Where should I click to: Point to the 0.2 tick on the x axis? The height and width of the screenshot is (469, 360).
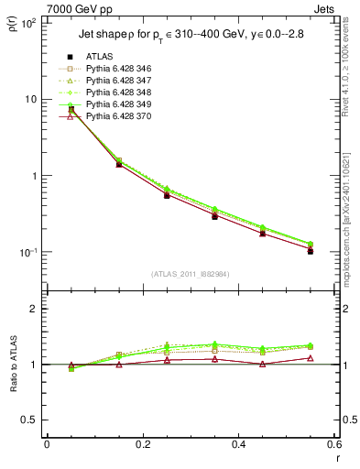[x=142, y=444]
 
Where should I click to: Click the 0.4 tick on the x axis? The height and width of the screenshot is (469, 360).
[x=238, y=444]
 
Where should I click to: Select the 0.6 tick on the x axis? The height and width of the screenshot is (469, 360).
[x=333, y=444]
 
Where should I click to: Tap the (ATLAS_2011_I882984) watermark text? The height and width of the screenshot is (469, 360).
[x=191, y=274]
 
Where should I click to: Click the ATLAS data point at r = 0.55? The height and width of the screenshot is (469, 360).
[x=310, y=250]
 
